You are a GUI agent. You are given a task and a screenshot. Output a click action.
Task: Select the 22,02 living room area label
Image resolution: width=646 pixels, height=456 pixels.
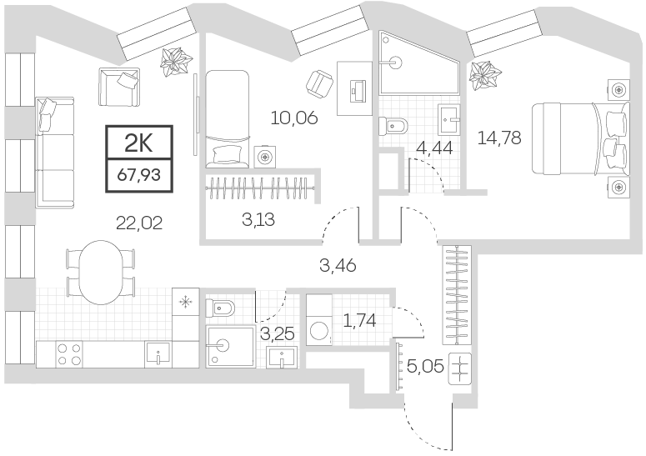click(139, 222)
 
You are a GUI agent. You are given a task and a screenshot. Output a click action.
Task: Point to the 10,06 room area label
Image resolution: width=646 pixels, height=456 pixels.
click(295, 118)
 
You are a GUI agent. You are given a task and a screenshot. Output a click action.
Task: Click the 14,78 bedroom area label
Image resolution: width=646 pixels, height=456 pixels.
click(499, 138)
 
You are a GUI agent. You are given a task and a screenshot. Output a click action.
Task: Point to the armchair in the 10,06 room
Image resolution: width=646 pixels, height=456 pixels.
click(318, 81)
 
